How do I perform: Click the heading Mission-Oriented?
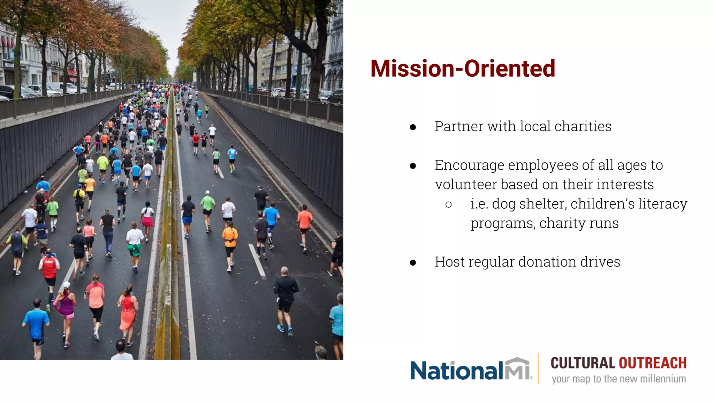(462, 68)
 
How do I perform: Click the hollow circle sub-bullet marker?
(449, 205)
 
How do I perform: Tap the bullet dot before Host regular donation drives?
(413, 263)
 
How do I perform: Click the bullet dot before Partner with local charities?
(413, 127)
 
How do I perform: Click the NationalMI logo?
(471, 370)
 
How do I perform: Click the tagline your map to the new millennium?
(618, 379)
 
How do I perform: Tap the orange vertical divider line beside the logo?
(539, 368)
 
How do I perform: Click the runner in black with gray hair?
(286, 297)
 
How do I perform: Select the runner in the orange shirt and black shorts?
(230, 244)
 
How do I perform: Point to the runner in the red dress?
(128, 312)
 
